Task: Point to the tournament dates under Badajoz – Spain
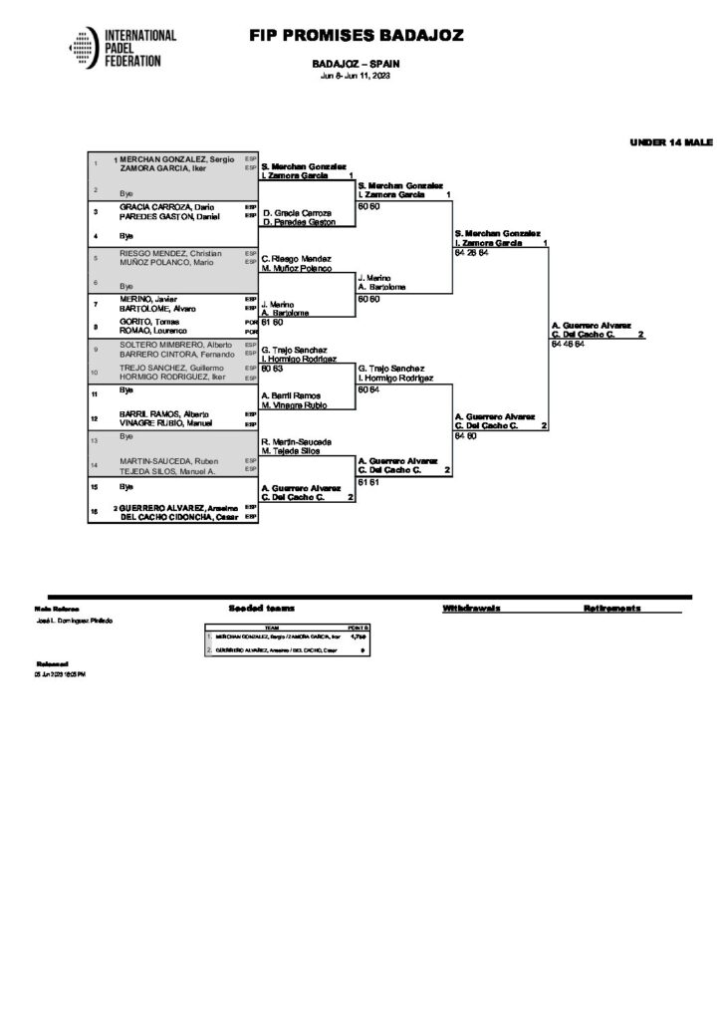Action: coord(356,77)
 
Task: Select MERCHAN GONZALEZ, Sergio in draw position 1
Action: coord(177,159)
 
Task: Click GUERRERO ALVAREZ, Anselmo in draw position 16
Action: coord(178,507)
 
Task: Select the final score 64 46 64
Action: coord(569,344)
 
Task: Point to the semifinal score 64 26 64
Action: coord(471,253)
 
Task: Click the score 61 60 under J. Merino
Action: coord(272,322)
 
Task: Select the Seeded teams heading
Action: coord(261,607)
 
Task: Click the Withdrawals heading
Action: coord(471,607)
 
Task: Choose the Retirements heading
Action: coord(611,607)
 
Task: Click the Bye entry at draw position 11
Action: coord(126,391)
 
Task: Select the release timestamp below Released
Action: coord(61,674)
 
